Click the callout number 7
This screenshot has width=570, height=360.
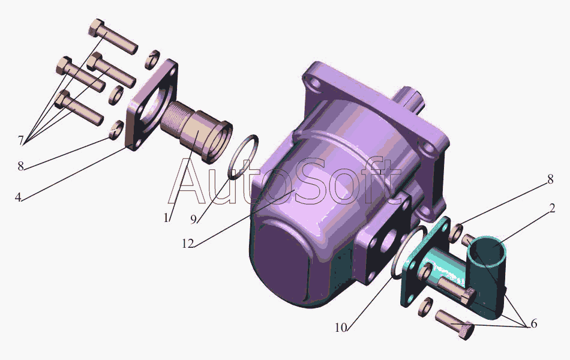[21, 140]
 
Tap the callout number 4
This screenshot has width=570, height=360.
[18, 197]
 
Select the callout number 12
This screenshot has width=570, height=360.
[188, 244]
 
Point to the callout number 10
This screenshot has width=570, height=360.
[341, 328]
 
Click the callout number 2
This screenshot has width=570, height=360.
[552, 208]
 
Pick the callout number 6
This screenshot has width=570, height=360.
[533, 323]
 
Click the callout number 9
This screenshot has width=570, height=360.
[194, 219]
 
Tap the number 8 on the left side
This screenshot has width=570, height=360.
[21, 166]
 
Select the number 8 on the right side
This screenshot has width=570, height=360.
[550, 179]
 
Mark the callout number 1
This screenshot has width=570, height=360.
[166, 218]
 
